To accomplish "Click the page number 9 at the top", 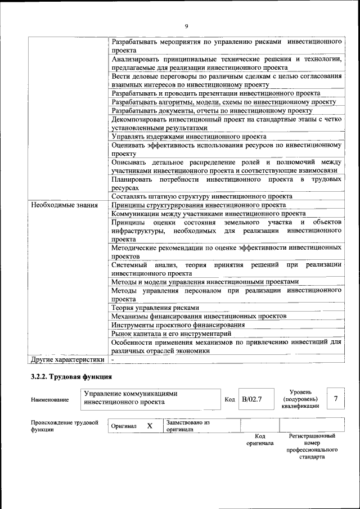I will coord(186,26).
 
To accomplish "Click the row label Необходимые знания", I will coord(64,205).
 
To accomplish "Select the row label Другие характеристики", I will coord(67,359).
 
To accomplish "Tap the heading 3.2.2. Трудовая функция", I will coord(71,376).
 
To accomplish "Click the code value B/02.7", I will coord(252,399).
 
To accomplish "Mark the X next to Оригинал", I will coord(150,426).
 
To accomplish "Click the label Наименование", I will coord(50,400).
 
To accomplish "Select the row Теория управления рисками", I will coord(155,308).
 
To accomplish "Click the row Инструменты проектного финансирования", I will coord(178,325).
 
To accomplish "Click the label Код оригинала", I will coord(259,439).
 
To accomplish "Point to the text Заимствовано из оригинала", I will coord(188,425).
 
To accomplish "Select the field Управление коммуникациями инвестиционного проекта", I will coord(130,398).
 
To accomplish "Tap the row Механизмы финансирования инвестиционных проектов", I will coord(199,316).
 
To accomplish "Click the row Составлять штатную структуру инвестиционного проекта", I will coord(201,197).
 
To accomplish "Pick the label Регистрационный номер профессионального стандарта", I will coord(312,446).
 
